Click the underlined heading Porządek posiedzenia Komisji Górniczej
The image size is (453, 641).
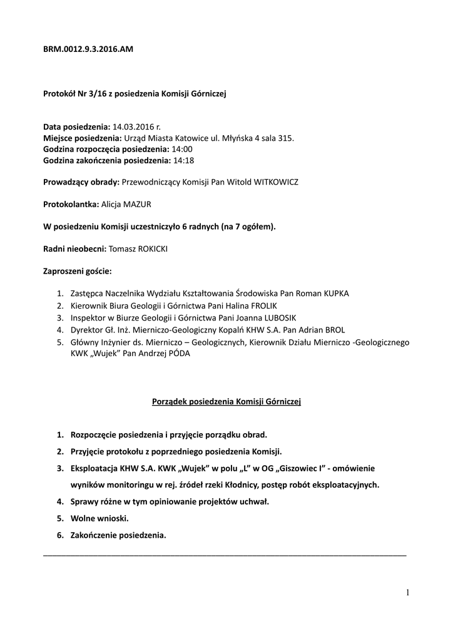click(227, 402)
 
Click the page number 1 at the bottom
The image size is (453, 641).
click(407, 592)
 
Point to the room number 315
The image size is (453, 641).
click(285, 138)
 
